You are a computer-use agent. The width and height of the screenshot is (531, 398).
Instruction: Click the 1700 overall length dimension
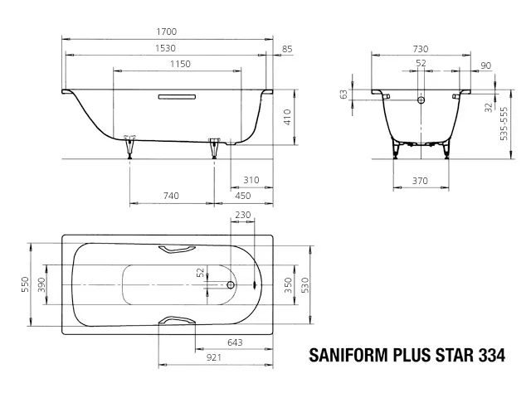click(166, 32)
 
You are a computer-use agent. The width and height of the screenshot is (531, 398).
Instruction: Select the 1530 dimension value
click(165, 48)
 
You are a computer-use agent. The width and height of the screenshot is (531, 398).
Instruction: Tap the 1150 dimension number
click(180, 64)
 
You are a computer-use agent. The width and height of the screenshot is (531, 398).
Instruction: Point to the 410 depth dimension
click(288, 117)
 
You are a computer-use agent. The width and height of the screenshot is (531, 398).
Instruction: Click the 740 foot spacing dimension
click(171, 196)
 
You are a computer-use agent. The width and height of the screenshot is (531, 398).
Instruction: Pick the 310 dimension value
click(251, 180)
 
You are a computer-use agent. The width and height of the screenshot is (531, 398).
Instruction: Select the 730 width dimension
click(421, 49)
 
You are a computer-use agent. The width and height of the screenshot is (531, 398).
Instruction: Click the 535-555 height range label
click(504, 124)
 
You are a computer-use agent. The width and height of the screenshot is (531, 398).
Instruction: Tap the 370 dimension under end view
click(420, 181)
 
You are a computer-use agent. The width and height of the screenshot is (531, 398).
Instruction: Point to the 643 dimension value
click(235, 342)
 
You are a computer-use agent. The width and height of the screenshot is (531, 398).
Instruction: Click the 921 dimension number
click(214, 357)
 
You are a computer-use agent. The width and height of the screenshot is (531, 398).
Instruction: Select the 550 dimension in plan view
click(25, 284)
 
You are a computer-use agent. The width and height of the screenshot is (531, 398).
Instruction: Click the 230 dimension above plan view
click(243, 215)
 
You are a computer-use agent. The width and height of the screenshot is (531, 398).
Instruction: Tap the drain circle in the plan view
click(231, 285)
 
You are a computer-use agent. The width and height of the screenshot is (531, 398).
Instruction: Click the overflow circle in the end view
click(421, 99)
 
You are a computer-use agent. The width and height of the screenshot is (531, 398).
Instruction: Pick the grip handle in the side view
click(177, 97)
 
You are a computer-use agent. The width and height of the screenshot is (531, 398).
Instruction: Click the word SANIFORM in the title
click(348, 356)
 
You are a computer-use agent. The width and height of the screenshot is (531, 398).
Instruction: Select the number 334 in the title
click(492, 356)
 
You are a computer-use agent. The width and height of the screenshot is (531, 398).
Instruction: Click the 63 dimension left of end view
click(344, 95)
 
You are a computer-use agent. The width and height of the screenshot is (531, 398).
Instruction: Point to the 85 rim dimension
click(287, 49)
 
